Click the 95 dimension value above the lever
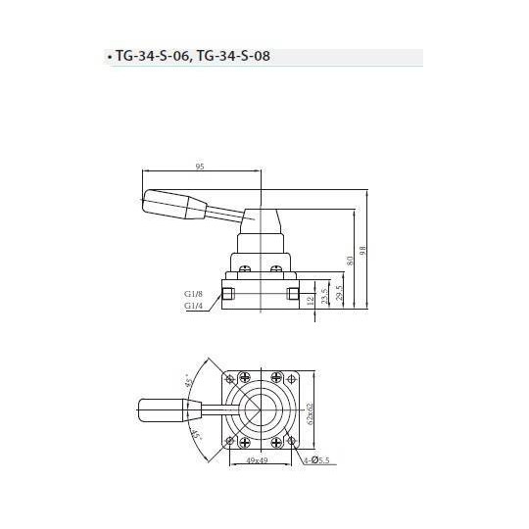[200, 168]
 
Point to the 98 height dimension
[362, 251]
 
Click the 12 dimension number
[312, 300]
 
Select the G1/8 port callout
[192, 293]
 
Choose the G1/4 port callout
[192, 306]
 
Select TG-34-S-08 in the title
[233, 57]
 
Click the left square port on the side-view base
[229, 294]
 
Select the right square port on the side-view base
[291, 294]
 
